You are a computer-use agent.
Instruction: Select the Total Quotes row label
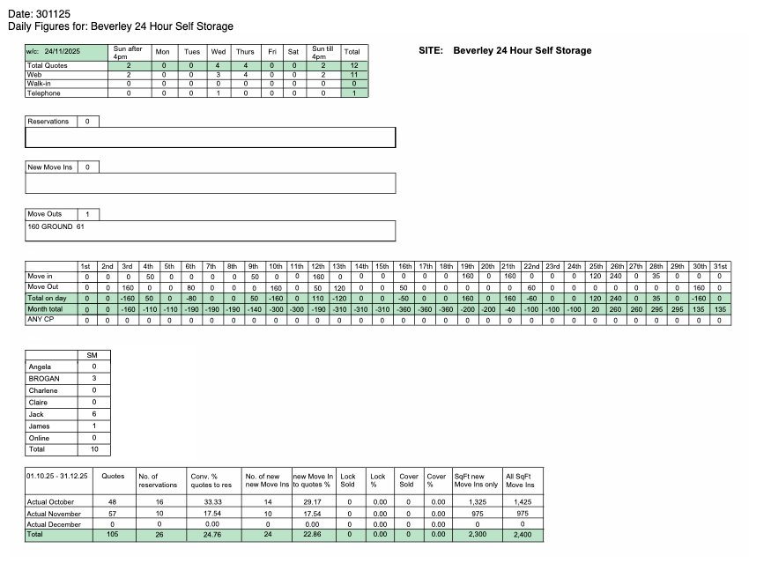48,66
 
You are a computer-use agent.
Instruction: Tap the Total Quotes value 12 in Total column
352,66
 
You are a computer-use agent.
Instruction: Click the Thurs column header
245,52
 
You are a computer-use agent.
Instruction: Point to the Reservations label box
48,122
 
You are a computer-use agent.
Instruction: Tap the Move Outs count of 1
87,214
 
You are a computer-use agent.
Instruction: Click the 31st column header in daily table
720,266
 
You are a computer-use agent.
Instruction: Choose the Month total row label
46,309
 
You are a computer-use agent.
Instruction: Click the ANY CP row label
41,320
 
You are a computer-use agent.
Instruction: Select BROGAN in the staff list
44,379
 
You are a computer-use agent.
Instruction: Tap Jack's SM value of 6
93,414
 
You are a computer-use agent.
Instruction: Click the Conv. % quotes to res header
204,480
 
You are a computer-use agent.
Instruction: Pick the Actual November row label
56,513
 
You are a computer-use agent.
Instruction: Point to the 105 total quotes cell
114,535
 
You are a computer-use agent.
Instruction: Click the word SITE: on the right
430,51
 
